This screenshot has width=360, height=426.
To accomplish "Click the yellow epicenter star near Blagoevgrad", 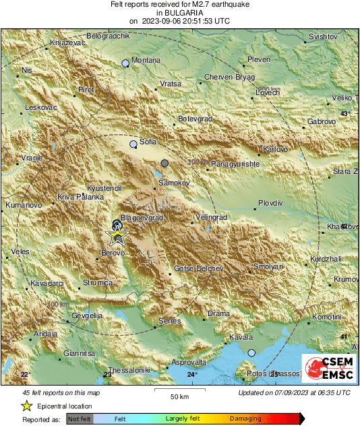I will click(119, 235).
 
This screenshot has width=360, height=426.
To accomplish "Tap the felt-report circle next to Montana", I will click(125, 63).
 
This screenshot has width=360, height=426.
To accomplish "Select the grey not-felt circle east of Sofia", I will click(164, 162).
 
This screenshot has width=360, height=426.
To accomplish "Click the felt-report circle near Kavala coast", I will click(251, 353).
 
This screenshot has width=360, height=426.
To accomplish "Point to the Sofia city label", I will click(148, 142).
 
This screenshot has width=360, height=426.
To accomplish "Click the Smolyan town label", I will click(267, 268).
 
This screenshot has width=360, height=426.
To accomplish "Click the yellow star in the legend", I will click(26, 406).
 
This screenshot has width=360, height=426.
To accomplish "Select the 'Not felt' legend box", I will click(79, 419).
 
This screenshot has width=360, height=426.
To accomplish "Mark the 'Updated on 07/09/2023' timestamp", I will click(294, 392).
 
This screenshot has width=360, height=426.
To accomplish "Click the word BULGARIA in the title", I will click(179, 12).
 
